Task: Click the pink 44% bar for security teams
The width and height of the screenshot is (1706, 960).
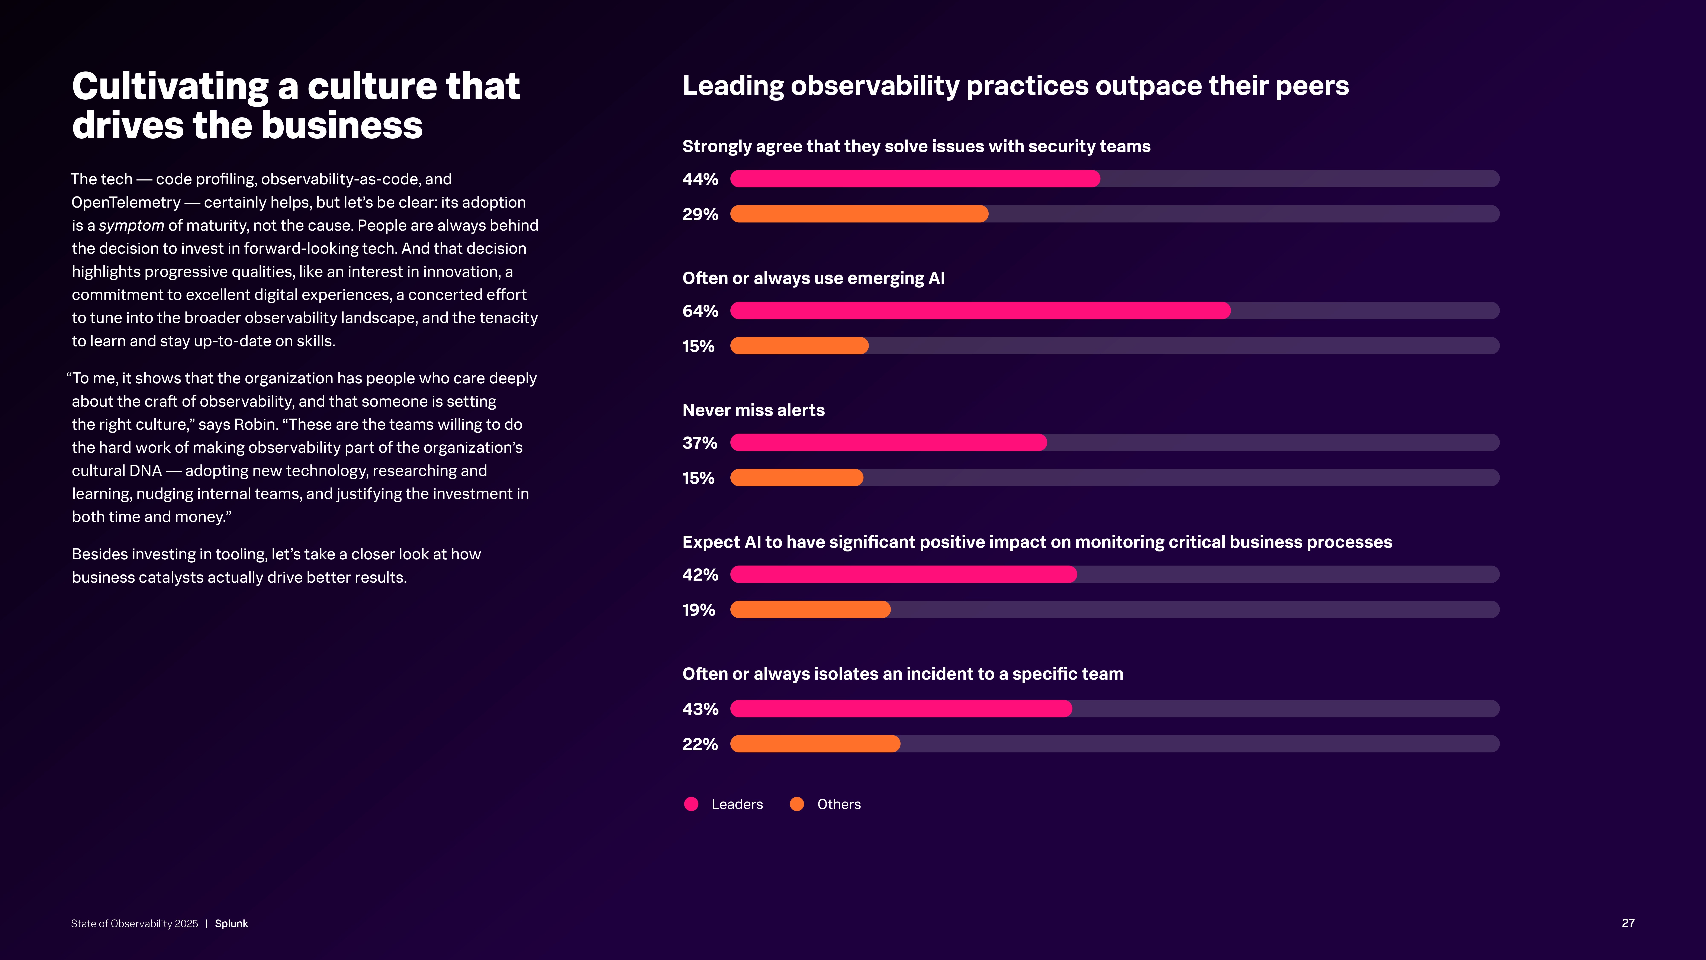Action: [915, 179]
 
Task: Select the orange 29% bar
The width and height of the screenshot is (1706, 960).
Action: [859, 214]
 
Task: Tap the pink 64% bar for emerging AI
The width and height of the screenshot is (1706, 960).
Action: [980, 311]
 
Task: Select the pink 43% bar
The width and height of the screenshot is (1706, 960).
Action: [901, 709]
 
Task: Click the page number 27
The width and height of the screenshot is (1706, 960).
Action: [1628, 923]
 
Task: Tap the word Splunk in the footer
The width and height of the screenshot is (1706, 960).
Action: [231, 924]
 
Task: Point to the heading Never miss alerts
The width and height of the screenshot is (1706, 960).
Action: [753, 410]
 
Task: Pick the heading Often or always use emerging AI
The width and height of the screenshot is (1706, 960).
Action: [813, 278]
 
